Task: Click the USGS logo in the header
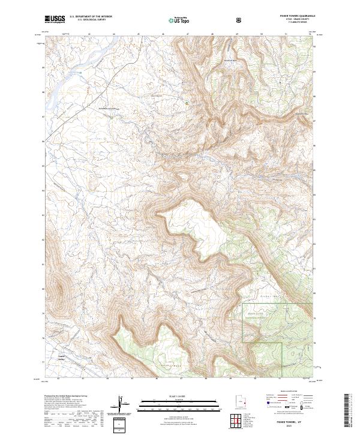click(55, 20)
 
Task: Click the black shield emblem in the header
click(239, 20)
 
